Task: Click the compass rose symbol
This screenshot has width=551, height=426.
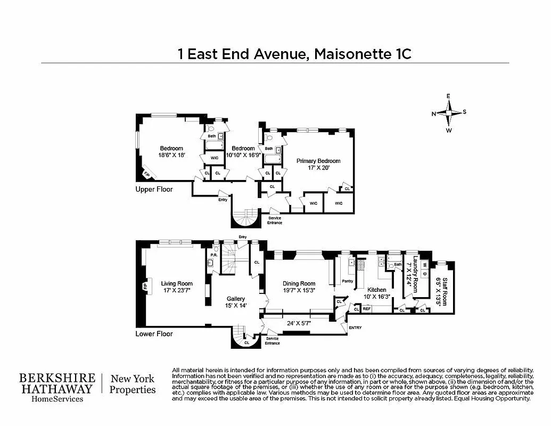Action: click(x=449, y=113)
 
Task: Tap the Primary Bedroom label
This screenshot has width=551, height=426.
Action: click(x=318, y=161)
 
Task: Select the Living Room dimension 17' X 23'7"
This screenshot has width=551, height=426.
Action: click(x=177, y=291)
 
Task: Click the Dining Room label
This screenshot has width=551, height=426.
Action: click(x=299, y=284)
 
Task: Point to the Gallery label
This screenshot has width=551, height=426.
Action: click(x=236, y=299)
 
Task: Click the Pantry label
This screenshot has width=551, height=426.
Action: click(x=347, y=281)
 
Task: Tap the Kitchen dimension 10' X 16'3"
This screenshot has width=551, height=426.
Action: click(x=377, y=297)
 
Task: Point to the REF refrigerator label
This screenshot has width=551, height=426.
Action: click(x=366, y=308)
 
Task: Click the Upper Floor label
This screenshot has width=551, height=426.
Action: click(x=154, y=189)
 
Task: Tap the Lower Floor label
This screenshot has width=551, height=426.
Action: click(x=154, y=334)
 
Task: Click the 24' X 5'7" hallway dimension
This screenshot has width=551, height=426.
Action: click(x=299, y=323)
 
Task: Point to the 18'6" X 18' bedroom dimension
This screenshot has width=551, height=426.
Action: click(x=171, y=155)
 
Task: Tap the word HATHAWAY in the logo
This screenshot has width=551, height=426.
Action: click(x=57, y=389)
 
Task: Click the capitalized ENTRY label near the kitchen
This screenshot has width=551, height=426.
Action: click(x=355, y=327)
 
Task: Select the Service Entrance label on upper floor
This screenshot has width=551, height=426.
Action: click(x=275, y=220)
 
